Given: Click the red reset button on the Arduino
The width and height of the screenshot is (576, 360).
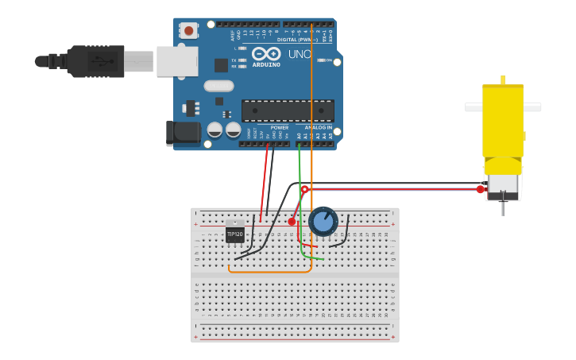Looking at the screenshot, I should point(189,31).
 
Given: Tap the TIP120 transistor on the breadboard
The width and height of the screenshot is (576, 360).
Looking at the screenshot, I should point(234,234).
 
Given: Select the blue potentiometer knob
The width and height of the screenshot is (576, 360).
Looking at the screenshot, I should point(323,221).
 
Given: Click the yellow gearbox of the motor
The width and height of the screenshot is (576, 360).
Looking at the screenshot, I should point(503,127).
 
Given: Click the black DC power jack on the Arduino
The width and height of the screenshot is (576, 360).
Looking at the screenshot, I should point(182,133).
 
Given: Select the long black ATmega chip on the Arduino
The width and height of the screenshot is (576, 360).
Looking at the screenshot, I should point(288,110).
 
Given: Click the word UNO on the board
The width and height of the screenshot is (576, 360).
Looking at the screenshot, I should point(299,54).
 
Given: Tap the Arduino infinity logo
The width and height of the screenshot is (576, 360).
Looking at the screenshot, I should point(266,54).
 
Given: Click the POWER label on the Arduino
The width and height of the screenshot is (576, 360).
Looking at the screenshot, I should point(280,127).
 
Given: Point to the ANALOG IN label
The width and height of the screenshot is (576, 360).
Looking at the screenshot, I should point(318,127).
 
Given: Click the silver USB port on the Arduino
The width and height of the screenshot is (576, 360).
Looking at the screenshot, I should point(176,61).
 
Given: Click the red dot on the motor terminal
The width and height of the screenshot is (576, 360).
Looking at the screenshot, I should point(480,189).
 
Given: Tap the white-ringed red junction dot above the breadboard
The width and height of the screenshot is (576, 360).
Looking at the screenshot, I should point(304,189).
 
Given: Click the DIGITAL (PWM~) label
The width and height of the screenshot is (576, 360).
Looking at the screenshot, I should point(297,40).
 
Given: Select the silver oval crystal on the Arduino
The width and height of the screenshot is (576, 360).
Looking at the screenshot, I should point(218,86).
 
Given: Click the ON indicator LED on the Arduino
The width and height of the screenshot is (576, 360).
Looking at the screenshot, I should point(320,60).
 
